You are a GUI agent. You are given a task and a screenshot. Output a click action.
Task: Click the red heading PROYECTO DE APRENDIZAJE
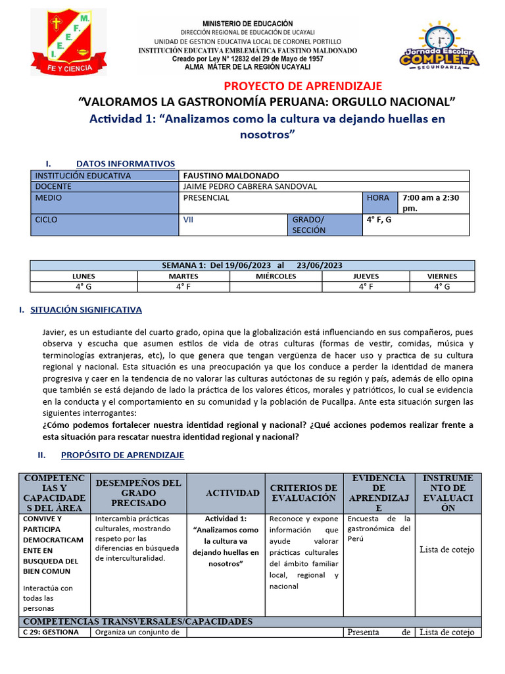point(302,86)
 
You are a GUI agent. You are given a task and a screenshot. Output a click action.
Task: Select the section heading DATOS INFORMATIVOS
point(126,163)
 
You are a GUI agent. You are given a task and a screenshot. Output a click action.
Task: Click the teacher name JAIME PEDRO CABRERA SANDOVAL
point(250,186)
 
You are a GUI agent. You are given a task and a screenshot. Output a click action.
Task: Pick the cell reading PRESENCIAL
point(206,197)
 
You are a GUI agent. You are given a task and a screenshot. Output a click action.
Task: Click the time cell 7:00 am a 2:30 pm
point(431,202)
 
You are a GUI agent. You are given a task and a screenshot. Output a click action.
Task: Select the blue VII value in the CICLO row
point(188,219)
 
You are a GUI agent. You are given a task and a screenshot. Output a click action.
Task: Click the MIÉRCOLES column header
point(276,276)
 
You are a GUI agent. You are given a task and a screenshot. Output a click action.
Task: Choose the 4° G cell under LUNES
point(84,287)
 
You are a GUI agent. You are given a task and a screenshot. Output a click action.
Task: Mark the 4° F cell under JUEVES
point(366,287)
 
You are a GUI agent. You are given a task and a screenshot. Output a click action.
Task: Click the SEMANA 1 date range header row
point(252,265)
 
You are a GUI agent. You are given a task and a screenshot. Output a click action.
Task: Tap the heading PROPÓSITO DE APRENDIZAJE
point(122,455)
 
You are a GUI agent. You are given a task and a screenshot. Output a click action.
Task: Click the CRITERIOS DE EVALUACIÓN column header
point(304,492)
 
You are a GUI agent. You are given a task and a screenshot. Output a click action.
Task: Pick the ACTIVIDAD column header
point(232,493)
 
